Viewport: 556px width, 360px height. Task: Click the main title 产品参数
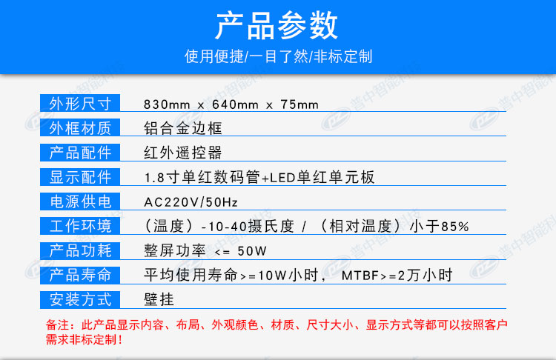(277, 24)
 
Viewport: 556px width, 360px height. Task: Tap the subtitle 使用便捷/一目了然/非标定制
(278, 56)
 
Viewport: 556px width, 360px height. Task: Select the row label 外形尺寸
(80, 104)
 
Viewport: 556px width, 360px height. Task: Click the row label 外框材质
(80, 128)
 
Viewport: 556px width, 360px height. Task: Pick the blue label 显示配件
(80, 177)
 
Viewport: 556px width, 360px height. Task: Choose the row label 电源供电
(80, 201)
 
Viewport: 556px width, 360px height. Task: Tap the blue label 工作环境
(80, 226)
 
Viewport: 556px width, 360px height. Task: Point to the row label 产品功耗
(80, 250)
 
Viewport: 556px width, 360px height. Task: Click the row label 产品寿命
(80, 275)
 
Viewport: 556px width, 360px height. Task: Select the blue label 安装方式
(80, 299)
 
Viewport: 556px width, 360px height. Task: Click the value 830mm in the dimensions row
(167, 104)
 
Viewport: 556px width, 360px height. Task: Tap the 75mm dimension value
(299, 104)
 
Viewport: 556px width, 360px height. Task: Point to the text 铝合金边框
(182, 128)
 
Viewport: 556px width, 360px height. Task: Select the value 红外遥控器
(182, 153)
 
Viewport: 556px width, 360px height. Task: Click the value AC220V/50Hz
(191, 202)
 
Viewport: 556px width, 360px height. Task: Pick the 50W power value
(252, 251)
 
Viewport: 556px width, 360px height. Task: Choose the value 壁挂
(159, 299)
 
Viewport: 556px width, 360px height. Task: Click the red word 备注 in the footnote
(57, 324)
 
